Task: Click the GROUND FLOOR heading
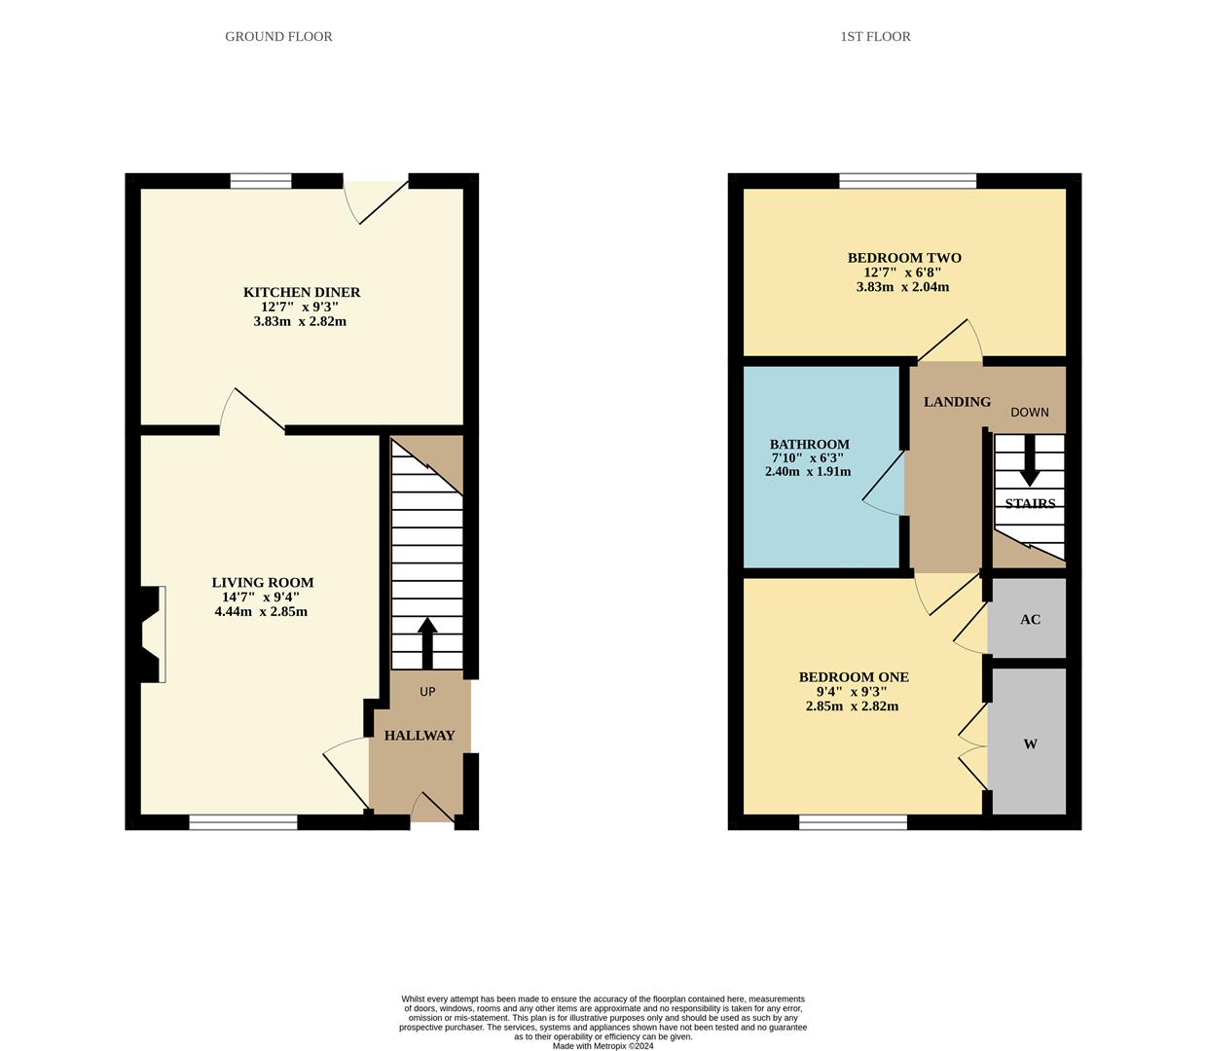pos(278,37)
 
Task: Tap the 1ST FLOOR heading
pos(875,37)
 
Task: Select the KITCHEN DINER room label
pos(301,292)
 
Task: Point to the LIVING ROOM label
pos(262,583)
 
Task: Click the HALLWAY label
pos(420,736)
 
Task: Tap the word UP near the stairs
pos(427,692)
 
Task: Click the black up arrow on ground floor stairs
pos(427,643)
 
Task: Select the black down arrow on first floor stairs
pos(1030,460)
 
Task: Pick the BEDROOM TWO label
pos(905,258)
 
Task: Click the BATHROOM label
pos(809,444)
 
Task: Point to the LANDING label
pos(957,402)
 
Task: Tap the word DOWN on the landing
pos(1030,413)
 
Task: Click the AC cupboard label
pos(1030,619)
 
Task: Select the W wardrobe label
pos(1030,744)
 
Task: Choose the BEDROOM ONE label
pos(854,677)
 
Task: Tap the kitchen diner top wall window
pos(261,181)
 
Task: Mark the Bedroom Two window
pos(908,181)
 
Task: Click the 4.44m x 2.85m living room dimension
pos(261,611)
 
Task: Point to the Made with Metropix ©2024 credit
pos(603,1046)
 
